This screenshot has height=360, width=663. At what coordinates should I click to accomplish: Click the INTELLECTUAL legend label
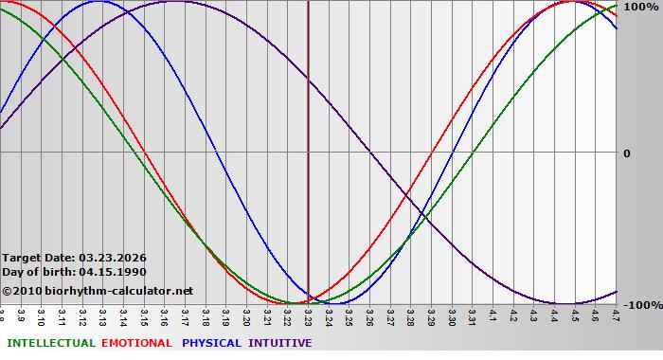coord(50,343)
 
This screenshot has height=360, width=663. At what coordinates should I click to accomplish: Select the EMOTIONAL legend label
coord(136,343)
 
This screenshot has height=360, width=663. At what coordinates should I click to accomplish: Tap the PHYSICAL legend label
coord(211,343)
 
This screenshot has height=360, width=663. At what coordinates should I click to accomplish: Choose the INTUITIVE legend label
coord(279,343)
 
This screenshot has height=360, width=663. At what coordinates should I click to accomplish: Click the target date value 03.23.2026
coord(112,258)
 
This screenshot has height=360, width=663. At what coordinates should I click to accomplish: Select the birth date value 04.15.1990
coord(112,272)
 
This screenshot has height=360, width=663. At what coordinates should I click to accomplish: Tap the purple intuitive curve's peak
coord(174,2)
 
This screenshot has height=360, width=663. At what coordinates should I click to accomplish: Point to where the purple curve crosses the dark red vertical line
coord(309,80)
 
